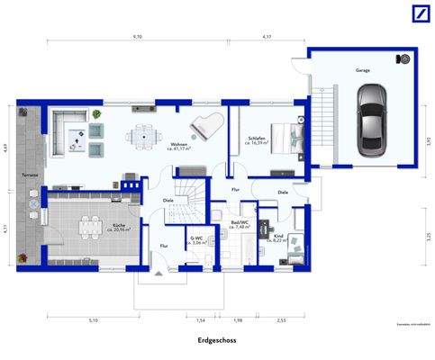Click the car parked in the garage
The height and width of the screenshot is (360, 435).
pyautogui.click(x=369, y=120)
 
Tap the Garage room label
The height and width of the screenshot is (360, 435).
pyautogui.click(x=362, y=69)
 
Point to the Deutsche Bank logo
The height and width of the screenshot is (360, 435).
pyautogui.click(x=419, y=13)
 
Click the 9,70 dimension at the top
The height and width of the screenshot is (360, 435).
pyautogui.click(x=138, y=37)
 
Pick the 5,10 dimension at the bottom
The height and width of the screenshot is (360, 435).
pyautogui.click(x=94, y=320)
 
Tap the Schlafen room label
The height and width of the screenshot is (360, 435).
pyautogui.click(x=258, y=139)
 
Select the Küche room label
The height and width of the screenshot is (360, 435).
pyautogui.click(x=118, y=226)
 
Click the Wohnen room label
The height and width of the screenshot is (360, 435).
pyautogui.click(x=179, y=145)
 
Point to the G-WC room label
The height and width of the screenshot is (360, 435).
pyautogui.click(x=197, y=239)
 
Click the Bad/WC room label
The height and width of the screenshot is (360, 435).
pyautogui.click(x=240, y=223)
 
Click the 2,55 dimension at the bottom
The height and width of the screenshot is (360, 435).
pyautogui.click(x=282, y=320)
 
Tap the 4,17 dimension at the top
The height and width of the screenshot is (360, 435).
pyautogui.click(x=267, y=37)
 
